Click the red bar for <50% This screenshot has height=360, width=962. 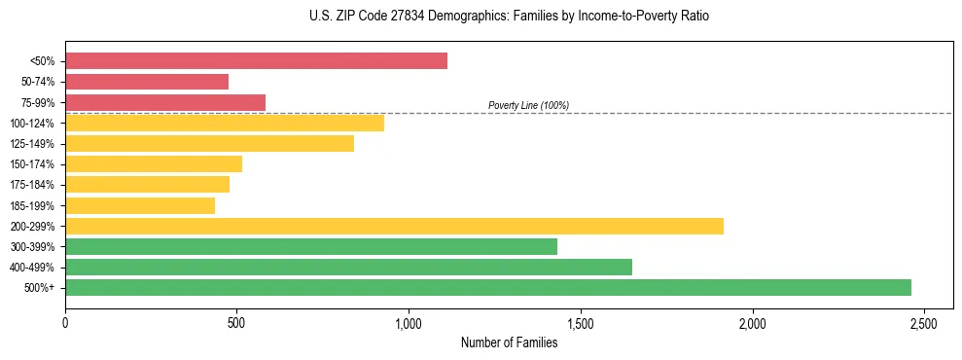pos(256,61)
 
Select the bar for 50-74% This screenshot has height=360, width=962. pos(147,82)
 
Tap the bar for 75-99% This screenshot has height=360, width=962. pos(165,102)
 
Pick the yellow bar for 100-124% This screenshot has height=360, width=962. pos(225,123)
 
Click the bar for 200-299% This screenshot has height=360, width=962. pos(394,226)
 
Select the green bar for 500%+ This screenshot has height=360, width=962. pos(488,287)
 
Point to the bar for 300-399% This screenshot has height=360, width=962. pos(311,246)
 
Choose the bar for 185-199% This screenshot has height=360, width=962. pos(140,205)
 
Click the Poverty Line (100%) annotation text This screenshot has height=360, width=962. pos(528,105)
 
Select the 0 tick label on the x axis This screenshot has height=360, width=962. pos(65,322)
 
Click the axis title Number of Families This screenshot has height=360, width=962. pos(509,342)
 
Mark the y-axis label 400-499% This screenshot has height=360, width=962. pos(33,268)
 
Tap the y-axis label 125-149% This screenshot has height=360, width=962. pos(33,144)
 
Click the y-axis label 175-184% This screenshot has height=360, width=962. pos(33,185)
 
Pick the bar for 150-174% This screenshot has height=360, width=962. pos(154,163)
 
